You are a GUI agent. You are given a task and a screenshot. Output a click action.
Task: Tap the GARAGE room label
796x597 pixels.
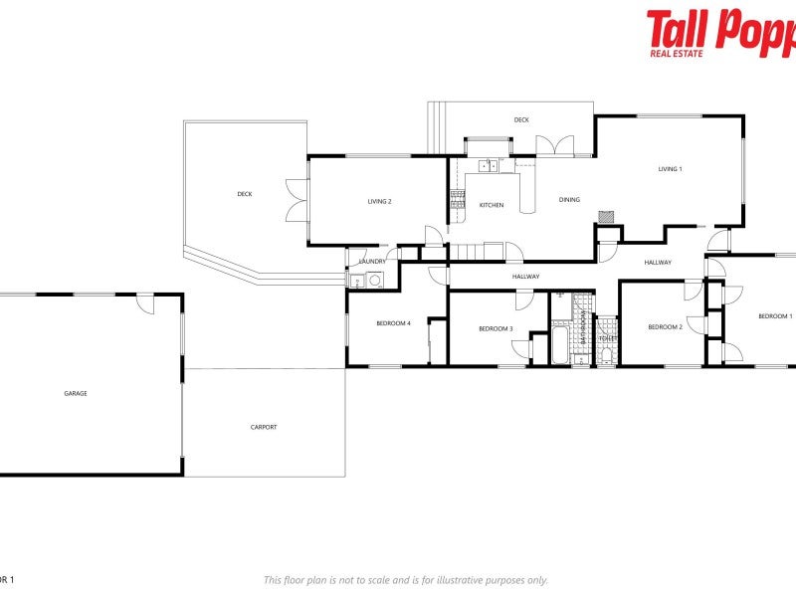pos(76,393)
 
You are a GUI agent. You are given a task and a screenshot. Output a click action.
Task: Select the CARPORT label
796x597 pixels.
pos(264,427)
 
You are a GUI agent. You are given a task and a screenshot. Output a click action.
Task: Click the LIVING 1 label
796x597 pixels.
pos(670,169)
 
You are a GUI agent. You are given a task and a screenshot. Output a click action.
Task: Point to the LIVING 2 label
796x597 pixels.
pos(379,201)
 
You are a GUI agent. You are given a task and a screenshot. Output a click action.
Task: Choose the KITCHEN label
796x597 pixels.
pos(492,205)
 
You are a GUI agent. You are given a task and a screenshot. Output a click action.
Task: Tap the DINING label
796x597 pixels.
pos(568,200)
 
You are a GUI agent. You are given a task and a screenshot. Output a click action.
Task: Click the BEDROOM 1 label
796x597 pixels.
pos(775,316)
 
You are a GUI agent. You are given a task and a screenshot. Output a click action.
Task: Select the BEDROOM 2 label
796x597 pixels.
pos(665,327)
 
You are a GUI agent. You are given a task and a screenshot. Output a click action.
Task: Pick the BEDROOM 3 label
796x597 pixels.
pos(496,329)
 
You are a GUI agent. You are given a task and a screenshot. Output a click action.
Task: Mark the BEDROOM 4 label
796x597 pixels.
pos(393,322)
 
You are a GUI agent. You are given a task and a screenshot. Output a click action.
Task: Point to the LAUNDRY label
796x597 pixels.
pos(372,262)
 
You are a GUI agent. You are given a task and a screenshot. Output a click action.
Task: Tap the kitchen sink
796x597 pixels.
pos(488,165)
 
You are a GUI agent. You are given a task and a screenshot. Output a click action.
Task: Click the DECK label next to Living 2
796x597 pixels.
pos(244,194)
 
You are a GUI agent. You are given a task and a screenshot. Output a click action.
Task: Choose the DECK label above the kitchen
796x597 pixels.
pos(521,119)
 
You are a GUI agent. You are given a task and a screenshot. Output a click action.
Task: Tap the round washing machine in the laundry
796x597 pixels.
pos(374,280)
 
